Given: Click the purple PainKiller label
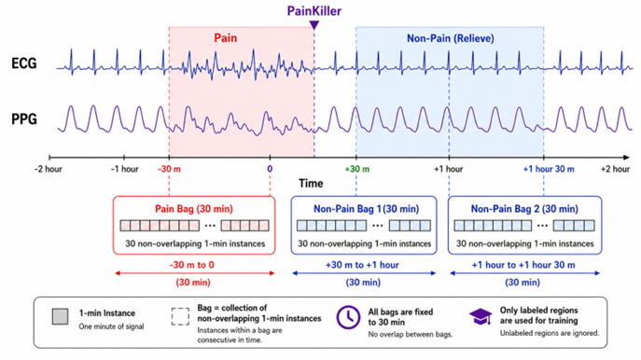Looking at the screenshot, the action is click(x=314, y=11).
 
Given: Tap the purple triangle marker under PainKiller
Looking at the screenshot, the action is click(x=314, y=25).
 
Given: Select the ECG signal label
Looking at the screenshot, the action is click(x=24, y=63).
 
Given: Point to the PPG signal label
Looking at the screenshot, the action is click(x=24, y=118).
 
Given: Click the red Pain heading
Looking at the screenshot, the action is click(x=225, y=38).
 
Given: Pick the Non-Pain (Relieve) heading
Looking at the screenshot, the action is click(x=450, y=38).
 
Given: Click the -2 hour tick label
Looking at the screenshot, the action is click(x=49, y=169).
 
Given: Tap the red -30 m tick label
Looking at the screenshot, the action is click(x=169, y=169).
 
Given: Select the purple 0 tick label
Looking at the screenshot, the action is click(x=270, y=169).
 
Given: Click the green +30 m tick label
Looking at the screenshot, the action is click(x=356, y=169).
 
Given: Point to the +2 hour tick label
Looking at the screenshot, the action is click(x=615, y=169).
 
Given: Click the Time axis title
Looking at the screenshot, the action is click(x=311, y=183).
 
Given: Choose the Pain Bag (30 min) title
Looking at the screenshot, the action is click(x=194, y=209).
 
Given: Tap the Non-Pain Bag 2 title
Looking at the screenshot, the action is click(x=524, y=209).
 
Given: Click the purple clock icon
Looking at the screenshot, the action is click(x=348, y=317).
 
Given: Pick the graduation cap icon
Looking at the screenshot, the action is click(x=481, y=316).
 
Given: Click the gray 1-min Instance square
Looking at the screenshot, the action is click(x=60, y=317).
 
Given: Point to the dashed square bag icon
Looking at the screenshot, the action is click(x=180, y=317).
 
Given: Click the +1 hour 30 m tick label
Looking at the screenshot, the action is click(x=549, y=169).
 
